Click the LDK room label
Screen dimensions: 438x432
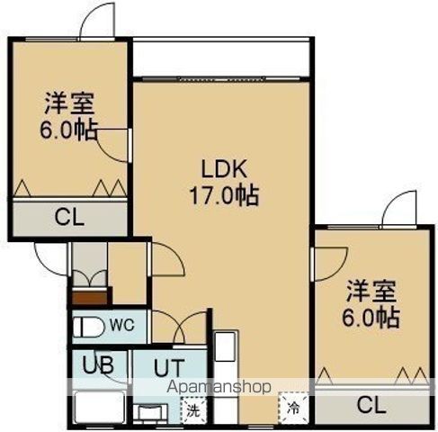pyautogui.click(x=225, y=169)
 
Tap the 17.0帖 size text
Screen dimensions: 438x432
pyautogui.click(x=224, y=195)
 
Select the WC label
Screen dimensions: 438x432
pyautogui.click(x=121, y=325)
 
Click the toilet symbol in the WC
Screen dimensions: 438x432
pyautogui.click(x=89, y=328)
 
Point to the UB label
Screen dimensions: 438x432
pyautogui.click(x=98, y=365)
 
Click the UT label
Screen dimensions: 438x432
pyautogui.click(x=169, y=368)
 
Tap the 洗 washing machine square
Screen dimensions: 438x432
pyautogui.click(x=193, y=410)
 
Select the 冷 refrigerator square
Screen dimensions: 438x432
pyautogui.click(x=293, y=408)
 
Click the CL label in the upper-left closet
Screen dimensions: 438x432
pyautogui.click(x=69, y=218)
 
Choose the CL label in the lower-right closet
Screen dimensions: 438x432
pyautogui.click(x=371, y=406)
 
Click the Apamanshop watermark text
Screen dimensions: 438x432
pyautogui.click(x=219, y=387)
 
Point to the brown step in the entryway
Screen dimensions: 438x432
pyautogui.click(x=90, y=297)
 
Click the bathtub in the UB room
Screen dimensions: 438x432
pyautogui.click(x=100, y=408)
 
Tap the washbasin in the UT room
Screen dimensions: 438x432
pyautogui.click(x=151, y=413)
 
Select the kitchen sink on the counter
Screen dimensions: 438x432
pyautogui.click(x=226, y=346)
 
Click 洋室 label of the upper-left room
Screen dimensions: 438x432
pyautogui.click(x=69, y=103)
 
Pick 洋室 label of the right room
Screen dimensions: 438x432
pyautogui.click(x=371, y=291)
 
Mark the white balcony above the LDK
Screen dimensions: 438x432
pyautogui.click(x=221, y=58)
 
